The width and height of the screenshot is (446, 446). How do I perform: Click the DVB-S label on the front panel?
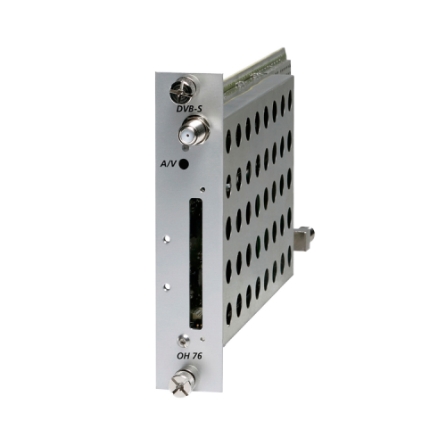tap(189, 109)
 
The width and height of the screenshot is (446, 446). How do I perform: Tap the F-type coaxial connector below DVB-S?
tap(194, 130)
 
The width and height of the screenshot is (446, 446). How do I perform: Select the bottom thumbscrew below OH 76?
tap(182, 382)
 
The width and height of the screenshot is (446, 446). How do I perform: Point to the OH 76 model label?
tap(189, 356)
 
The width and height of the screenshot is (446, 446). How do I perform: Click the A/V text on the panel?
tap(169, 163)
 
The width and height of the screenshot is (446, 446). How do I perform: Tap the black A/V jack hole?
tap(184, 164)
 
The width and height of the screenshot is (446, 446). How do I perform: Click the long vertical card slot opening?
tap(196, 264)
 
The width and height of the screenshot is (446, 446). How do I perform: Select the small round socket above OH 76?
tap(184, 340)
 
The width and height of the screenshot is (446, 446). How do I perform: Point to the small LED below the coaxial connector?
tap(186, 148)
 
